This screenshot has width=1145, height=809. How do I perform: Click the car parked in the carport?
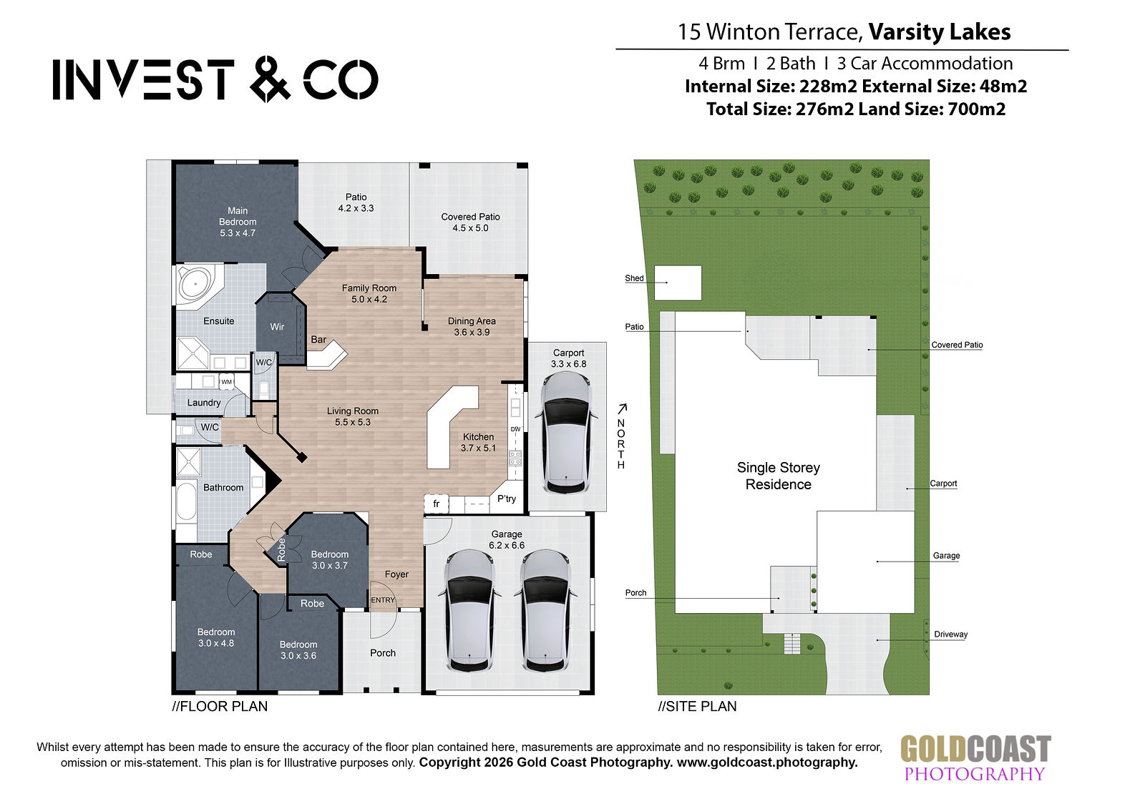[566, 432]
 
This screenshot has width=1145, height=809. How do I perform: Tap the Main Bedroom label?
[238, 221]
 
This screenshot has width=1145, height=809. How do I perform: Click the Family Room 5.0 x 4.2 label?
[369, 293]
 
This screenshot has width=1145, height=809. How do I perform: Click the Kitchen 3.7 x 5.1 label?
[479, 442]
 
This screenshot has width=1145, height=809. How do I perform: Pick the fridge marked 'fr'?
[436, 504]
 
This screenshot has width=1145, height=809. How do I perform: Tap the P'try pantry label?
[507, 499]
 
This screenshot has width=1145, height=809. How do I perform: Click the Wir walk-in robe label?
[277, 327]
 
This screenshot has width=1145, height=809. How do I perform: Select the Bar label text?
[318, 339]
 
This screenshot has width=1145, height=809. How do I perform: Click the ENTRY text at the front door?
[383, 600]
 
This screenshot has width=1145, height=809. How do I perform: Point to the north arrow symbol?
[622, 408]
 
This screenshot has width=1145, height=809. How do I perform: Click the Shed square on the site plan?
[678, 283]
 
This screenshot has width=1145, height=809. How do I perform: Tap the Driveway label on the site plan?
[951, 634]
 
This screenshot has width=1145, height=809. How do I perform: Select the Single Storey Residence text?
[778, 476]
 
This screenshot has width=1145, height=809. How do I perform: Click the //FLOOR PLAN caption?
[220, 706]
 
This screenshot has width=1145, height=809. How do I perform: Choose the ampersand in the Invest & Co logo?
[270, 79]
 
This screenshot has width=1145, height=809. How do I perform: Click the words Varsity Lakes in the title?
[940, 31]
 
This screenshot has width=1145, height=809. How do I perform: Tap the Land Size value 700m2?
[976, 109]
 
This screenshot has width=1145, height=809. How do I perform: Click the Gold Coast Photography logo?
[975, 758]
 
